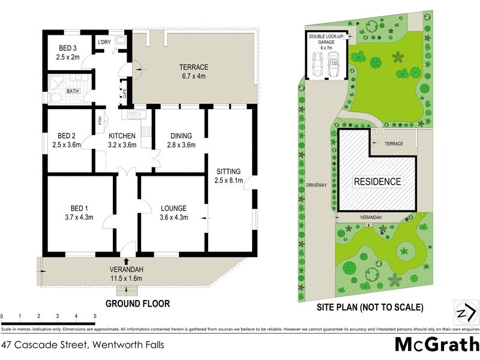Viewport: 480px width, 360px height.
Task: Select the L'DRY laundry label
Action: (x=104, y=41)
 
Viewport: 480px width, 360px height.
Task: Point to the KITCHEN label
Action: (x=122, y=136)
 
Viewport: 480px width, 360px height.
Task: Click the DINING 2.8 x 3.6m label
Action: (x=181, y=140)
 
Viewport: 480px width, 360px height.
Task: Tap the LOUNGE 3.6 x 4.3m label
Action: (x=174, y=213)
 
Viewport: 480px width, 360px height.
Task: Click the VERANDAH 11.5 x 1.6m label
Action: (x=127, y=274)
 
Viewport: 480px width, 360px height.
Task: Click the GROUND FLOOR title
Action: (x=137, y=304)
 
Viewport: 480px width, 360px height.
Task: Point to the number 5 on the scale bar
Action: (x=94, y=316)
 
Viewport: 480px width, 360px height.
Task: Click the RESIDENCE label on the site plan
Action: (x=377, y=181)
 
